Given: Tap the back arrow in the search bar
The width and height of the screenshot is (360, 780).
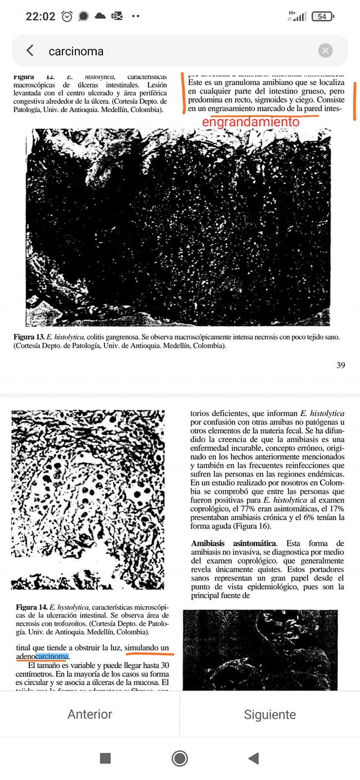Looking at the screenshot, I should pyautogui.click(x=30, y=51).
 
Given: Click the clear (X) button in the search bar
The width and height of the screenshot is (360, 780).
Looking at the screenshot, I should pyautogui.click(x=325, y=51).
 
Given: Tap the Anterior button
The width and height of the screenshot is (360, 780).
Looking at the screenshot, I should pyautogui.click(x=90, y=714).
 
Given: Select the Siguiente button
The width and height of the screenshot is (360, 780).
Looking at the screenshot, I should pyautogui.click(x=270, y=714).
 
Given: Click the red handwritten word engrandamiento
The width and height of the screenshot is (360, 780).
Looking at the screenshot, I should pyautogui.click(x=250, y=122).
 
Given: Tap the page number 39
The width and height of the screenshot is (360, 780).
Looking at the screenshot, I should pyautogui.click(x=340, y=365).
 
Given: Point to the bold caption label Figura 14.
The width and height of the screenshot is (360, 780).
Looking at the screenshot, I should pyautogui.click(x=31, y=607).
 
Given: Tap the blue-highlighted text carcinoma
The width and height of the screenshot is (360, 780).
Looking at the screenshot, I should pyautogui.click(x=52, y=656).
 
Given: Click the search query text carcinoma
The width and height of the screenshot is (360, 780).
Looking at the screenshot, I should pyautogui.click(x=76, y=51).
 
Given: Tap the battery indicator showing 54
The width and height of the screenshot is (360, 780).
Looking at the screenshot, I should pyautogui.click(x=322, y=16).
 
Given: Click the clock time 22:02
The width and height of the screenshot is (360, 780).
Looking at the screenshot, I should pyautogui.click(x=40, y=16).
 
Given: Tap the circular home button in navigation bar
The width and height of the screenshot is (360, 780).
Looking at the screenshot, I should pyautogui.click(x=180, y=758).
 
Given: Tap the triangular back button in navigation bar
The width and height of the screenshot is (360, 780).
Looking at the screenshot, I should pyautogui.click(x=254, y=758).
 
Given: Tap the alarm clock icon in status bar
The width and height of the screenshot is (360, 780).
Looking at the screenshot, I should pyautogui.click(x=67, y=16).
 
